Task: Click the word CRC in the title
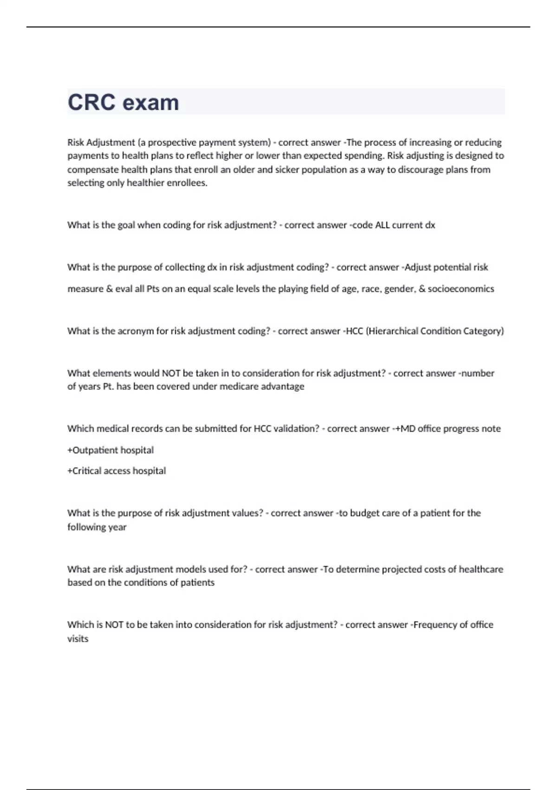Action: tap(91, 103)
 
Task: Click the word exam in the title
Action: tap(151, 103)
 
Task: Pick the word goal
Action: tap(126, 225)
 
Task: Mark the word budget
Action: tap(364, 513)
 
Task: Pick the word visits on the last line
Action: tap(78, 639)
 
